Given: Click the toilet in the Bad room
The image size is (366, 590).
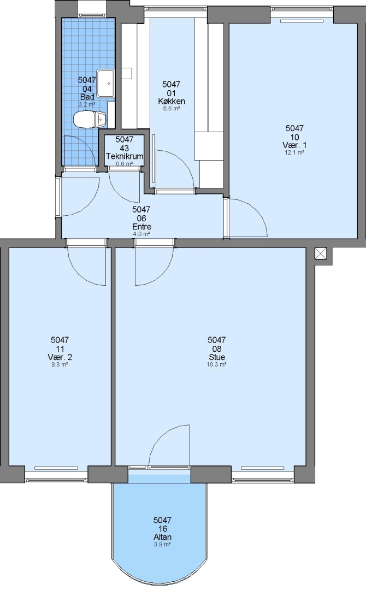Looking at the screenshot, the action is point(90,120).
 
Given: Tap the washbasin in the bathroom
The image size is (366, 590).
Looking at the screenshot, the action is point(105,83).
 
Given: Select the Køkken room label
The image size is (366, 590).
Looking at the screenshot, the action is point(171,101).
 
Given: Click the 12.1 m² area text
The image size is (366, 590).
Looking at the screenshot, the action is point(294,153).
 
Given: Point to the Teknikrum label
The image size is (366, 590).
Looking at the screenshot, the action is point(125,156).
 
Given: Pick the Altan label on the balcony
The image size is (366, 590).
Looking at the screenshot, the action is point(162,537).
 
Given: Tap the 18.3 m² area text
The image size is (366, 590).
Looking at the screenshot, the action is point(217,364).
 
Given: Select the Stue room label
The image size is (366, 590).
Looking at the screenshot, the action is point(217,357).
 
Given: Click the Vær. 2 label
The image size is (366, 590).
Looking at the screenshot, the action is point(60,357).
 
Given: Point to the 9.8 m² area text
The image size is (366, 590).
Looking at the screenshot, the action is point(60,364).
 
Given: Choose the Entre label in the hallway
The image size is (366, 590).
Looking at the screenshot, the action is point(142,227).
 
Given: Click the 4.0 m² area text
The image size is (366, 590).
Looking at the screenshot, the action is point(142,234).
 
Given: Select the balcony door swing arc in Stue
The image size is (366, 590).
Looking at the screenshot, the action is point(162,436).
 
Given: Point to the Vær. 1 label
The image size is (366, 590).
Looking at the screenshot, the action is point(294,145).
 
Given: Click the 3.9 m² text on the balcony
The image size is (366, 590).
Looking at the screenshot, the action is point(162,545).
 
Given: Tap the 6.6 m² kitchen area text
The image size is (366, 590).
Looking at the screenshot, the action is point(171,108).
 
